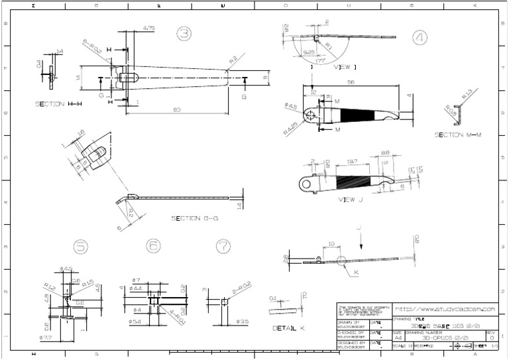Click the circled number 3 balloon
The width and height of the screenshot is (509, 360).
(184, 34)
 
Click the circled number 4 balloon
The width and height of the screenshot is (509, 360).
(419, 38)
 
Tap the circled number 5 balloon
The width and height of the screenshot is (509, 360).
(81, 247)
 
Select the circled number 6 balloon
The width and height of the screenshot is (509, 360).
(153, 247)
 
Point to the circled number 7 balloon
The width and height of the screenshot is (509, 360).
(223, 247)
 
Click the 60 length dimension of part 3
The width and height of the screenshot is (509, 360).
(177, 110)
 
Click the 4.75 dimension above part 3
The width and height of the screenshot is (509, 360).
(148, 28)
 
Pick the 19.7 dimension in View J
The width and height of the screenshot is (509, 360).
(353, 161)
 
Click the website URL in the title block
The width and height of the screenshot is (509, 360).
(445, 309)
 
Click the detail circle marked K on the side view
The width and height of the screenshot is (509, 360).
(343, 261)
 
